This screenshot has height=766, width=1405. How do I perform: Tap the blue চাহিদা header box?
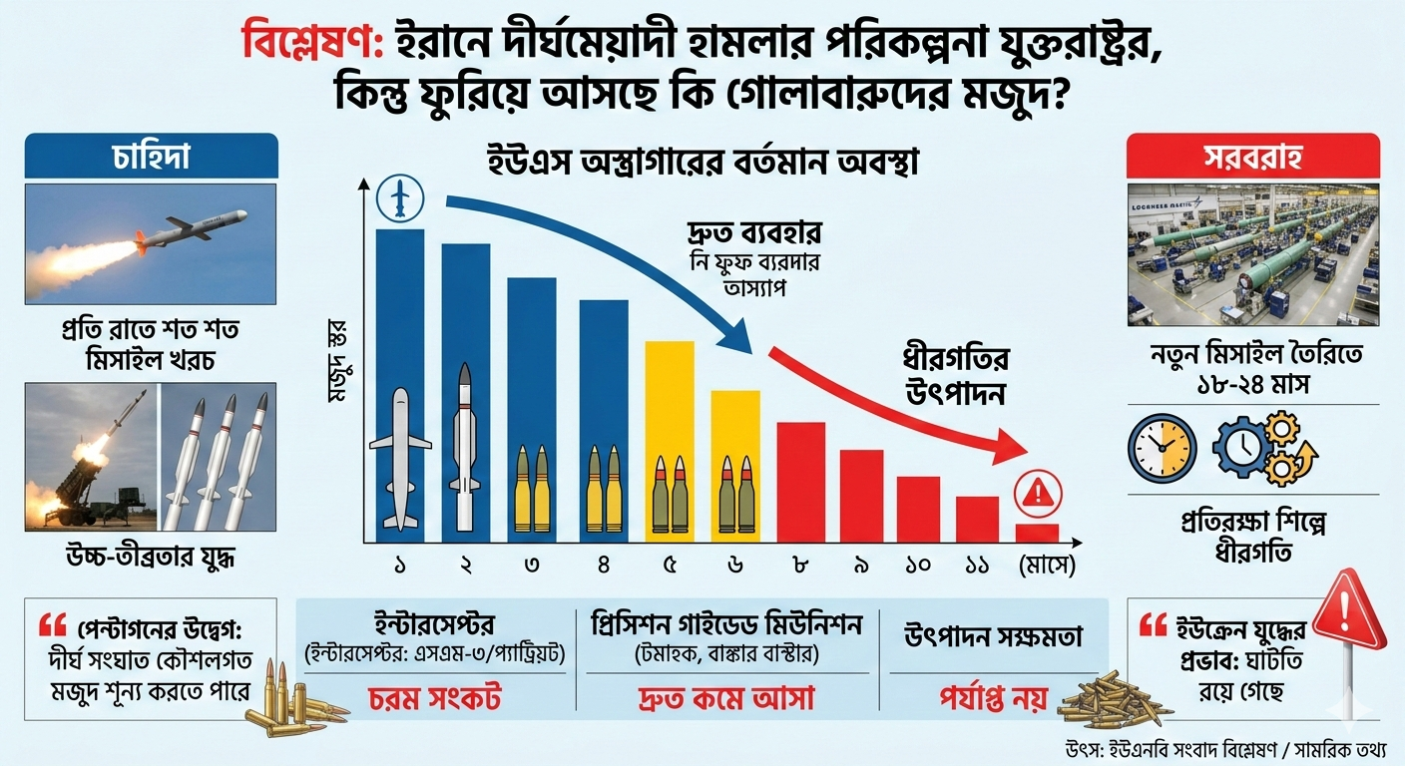click(x=151, y=158)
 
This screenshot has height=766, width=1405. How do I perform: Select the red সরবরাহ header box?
click(x=1252, y=158)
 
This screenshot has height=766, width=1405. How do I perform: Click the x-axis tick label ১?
click(x=399, y=566)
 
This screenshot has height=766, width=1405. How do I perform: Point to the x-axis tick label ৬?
click(x=735, y=566)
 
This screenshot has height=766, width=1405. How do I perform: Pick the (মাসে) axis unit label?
click(x=1044, y=566)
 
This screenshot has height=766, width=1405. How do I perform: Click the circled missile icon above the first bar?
click(x=399, y=198)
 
